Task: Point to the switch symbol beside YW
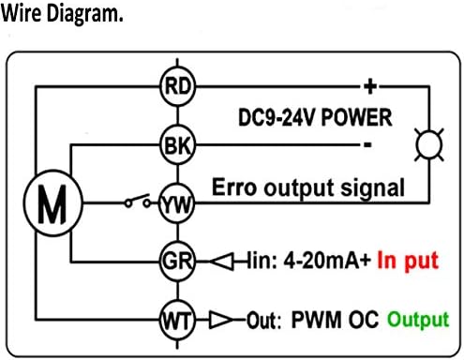pos(138,201)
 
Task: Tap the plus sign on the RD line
pos(370,86)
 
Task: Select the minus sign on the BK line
pos(367,144)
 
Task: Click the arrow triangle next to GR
pos(221,262)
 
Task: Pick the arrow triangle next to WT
pos(221,320)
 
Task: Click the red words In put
pos(408,261)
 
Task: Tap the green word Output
pos(418,320)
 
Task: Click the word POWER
pos(356,118)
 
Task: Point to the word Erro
pos(234,187)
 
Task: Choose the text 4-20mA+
pos(327,261)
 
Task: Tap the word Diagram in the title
pos(84,14)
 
